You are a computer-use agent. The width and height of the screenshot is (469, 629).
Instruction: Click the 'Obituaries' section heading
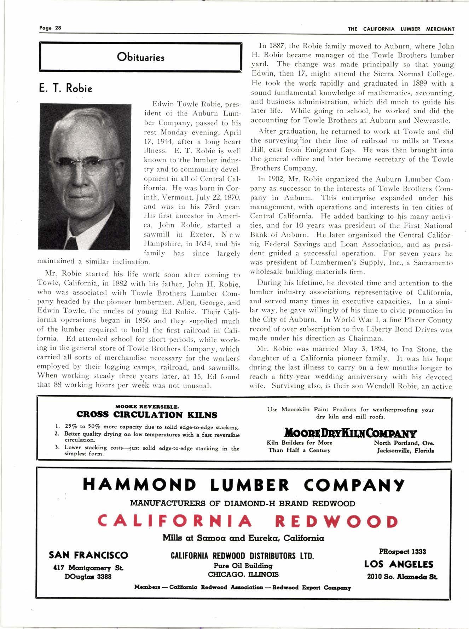point(140,57)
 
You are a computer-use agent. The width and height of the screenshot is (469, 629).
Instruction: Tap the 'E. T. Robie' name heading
point(66,89)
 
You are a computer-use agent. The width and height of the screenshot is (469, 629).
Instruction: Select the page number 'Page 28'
point(50,28)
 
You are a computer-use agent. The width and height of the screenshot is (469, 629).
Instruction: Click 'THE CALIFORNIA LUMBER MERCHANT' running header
point(401,29)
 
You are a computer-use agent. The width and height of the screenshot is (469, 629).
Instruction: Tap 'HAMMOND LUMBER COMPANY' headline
point(243,485)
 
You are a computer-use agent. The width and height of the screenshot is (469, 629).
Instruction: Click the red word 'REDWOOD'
point(336,521)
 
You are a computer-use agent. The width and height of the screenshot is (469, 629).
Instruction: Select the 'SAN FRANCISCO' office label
point(88,555)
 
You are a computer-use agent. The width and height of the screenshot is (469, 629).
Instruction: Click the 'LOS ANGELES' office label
point(399,564)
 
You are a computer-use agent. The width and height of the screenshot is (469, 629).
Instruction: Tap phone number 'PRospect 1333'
point(402,552)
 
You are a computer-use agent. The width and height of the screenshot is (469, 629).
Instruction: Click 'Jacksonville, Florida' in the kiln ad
point(405,451)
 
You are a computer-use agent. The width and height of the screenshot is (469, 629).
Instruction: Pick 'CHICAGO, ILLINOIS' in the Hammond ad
point(243,574)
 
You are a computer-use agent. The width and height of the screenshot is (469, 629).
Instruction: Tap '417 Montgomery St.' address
point(88,568)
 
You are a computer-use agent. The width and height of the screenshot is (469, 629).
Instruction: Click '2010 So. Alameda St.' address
point(402,577)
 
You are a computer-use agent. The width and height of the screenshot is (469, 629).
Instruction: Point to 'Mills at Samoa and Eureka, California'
point(243,538)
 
